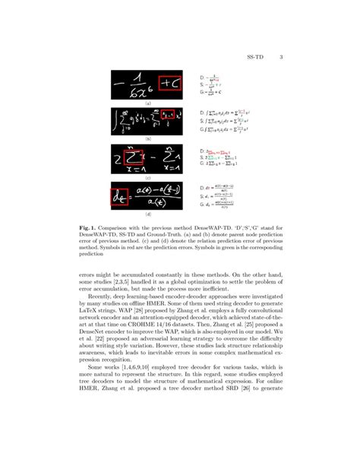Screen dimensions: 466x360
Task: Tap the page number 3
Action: [281, 57]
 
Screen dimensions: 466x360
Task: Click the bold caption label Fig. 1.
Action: [87, 227]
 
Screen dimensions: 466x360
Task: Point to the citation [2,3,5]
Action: [128, 282]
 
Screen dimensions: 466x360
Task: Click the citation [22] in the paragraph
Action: [86, 341]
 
